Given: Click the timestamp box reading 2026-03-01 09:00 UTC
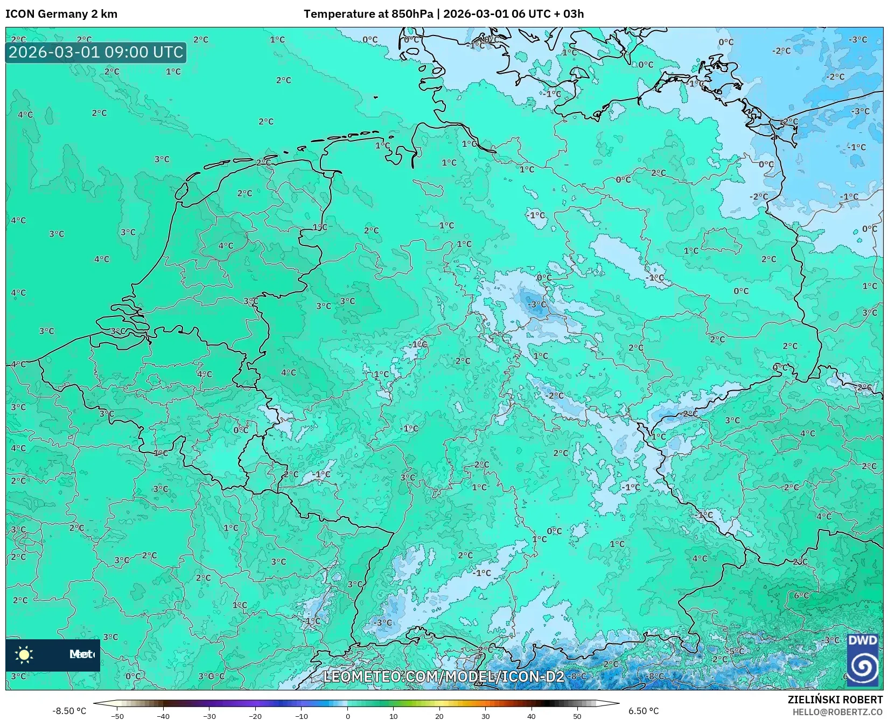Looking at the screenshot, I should pyautogui.click(x=96, y=52).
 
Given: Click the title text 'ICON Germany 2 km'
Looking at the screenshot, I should pyautogui.click(x=61, y=14).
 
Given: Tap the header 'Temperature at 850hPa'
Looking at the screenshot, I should pyautogui.click(x=368, y=14).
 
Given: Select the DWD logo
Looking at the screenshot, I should pyautogui.click(x=862, y=660).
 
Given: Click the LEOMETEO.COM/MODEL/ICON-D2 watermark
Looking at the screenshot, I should pyautogui.click(x=443, y=676).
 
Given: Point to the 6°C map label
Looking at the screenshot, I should pyautogui.click(x=801, y=595).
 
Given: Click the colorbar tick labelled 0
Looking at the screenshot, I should pyautogui.click(x=347, y=716).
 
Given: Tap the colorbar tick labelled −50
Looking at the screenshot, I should pyautogui.click(x=117, y=716).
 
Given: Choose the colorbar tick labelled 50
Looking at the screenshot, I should pyautogui.click(x=577, y=716).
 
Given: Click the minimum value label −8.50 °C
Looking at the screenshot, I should pyautogui.click(x=69, y=711).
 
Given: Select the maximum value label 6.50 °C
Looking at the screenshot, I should pyautogui.click(x=644, y=711).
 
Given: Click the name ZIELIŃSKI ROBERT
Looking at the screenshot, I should pyautogui.click(x=835, y=700).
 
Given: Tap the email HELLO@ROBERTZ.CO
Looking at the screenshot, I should pyautogui.click(x=844, y=712).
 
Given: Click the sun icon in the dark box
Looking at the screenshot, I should pyautogui.click(x=24, y=654).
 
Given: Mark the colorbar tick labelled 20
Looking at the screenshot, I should pyautogui.click(x=439, y=716).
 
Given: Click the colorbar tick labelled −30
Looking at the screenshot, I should pyautogui.click(x=209, y=716).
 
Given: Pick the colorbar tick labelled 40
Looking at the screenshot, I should pyautogui.click(x=532, y=716).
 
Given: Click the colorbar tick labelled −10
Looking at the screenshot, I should pyautogui.click(x=302, y=716).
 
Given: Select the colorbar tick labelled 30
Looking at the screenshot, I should pyautogui.click(x=485, y=716).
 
